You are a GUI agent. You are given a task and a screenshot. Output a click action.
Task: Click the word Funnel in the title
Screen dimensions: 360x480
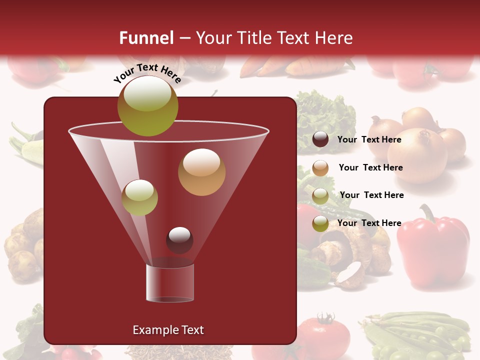pyautogui.click(x=146, y=38)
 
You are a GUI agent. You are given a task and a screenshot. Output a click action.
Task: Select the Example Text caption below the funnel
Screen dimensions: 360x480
pyautogui.click(x=168, y=330)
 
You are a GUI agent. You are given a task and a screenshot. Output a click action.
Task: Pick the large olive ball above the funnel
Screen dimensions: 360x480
pyautogui.click(x=147, y=106)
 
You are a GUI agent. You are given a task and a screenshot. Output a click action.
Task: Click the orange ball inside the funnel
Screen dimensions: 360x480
pyautogui.click(x=201, y=172)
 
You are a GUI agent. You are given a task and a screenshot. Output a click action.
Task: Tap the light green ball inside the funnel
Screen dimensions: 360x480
pyautogui.click(x=139, y=197)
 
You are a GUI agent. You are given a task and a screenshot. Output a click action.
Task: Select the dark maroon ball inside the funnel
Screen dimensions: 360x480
pyautogui.click(x=179, y=240)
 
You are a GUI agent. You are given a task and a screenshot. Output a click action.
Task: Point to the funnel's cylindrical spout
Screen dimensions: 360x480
pyautogui.click(x=170, y=282)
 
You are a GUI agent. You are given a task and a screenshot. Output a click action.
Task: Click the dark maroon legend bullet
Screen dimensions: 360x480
pyautogui.click(x=320, y=139)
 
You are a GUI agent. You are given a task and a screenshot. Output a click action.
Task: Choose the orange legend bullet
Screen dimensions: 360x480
pyautogui.click(x=320, y=167)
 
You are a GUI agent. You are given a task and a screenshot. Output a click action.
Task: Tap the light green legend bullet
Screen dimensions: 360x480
pyautogui.click(x=320, y=195)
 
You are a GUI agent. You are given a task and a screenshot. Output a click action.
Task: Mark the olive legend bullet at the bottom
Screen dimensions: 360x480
pyautogui.click(x=320, y=223)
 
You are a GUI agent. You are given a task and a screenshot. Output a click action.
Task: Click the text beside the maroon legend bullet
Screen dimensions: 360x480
pyautogui.click(x=369, y=139)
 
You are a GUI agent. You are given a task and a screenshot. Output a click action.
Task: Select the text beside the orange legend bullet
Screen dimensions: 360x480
pyautogui.click(x=370, y=167)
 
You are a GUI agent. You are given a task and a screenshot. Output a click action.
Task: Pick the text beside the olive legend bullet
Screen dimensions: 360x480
pyautogui.click(x=369, y=223)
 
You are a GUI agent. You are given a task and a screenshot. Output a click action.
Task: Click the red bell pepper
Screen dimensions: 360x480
pyautogui.click(x=432, y=250)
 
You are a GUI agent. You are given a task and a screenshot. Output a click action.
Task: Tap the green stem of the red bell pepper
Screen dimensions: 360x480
pyautogui.click(x=426, y=213)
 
